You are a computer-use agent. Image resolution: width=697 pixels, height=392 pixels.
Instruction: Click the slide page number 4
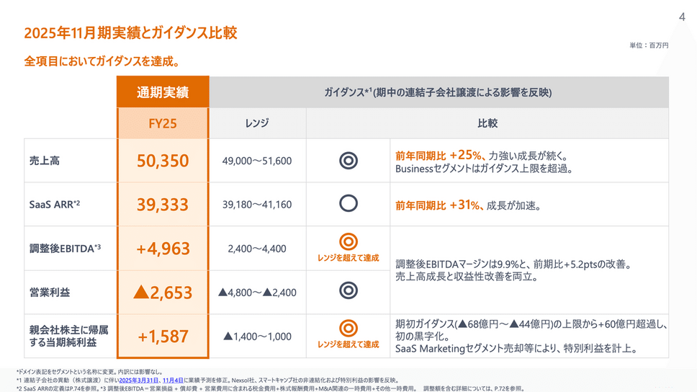pyautogui.click(x=682, y=18)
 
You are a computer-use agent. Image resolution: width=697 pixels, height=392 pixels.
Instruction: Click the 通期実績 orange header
pyautogui.click(x=163, y=92)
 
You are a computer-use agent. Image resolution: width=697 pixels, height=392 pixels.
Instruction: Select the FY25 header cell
pyautogui.click(x=163, y=123)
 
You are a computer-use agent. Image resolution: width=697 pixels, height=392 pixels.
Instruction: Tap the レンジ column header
pyautogui.click(x=257, y=123)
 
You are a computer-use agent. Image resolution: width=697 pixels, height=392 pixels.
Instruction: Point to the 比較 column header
pyautogui.click(x=487, y=123)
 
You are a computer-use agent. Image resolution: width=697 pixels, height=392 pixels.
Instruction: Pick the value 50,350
pyautogui.click(x=163, y=161)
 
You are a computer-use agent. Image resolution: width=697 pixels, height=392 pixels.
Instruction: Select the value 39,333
pyautogui.click(x=163, y=204)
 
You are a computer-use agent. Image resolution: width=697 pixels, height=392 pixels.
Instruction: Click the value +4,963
pyautogui.click(x=163, y=249)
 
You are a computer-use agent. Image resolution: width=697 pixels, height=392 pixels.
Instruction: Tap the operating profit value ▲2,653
pyautogui.click(x=163, y=292)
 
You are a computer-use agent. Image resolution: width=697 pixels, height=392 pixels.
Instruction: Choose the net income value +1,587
pyautogui.click(x=163, y=336)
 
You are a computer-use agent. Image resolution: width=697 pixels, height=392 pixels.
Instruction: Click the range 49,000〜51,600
pyautogui.click(x=257, y=161)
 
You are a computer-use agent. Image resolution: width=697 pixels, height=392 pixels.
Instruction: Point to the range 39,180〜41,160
pyautogui.click(x=257, y=205)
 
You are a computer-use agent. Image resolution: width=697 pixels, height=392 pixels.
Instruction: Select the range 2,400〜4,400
pyautogui.click(x=257, y=249)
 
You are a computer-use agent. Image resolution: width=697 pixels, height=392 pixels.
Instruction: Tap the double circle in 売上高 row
pyautogui.click(x=348, y=161)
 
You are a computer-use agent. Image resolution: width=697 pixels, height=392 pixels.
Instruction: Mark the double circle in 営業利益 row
pyautogui.click(x=348, y=290)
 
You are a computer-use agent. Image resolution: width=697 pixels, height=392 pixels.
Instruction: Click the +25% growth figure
pyautogui.click(x=465, y=154)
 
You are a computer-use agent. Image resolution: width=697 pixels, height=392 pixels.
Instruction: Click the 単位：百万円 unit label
pyautogui.click(x=649, y=45)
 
